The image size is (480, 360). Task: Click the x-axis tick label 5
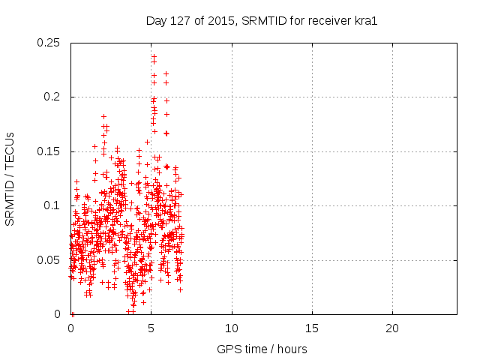coord(151,328)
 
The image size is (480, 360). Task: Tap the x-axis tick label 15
coord(312,328)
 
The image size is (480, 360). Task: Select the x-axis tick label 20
coord(392,328)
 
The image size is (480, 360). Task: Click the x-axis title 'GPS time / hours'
coord(262,349)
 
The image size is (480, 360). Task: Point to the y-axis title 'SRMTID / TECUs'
coord(10,178)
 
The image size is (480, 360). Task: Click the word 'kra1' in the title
coord(365,20)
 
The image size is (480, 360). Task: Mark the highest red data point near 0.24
coord(154,55)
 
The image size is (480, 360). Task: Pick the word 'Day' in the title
coord(155,20)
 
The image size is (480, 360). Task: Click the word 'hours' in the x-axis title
coord(292,349)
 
